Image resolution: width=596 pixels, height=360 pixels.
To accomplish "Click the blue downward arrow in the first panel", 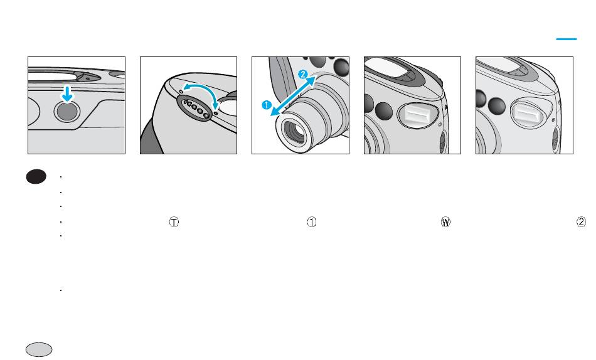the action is [x=67, y=94].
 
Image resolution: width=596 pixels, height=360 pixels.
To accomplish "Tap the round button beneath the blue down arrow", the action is [x=67, y=112].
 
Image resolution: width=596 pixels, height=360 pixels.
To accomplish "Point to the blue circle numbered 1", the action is [x=267, y=105].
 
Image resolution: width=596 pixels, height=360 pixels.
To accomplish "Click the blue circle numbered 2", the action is [x=302, y=75].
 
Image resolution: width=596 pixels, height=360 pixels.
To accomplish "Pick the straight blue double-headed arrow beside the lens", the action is [x=293, y=96].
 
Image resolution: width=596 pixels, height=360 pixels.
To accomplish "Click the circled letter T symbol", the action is [x=174, y=222].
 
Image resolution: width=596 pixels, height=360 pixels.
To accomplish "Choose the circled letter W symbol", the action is [x=445, y=222].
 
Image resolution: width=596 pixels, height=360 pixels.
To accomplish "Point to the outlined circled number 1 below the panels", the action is [x=311, y=222].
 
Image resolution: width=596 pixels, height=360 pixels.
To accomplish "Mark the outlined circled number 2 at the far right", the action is [x=581, y=222].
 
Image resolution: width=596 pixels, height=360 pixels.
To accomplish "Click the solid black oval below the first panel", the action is [x=36, y=177].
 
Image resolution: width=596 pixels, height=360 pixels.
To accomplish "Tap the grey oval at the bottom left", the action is [x=39, y=350].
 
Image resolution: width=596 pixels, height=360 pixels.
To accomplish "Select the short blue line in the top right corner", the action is [x=567, y=39].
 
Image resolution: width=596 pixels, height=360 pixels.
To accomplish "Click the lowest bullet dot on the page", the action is [x=61, y=290].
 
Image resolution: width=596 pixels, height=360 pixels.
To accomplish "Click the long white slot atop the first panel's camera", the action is [x=53, y=76].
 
